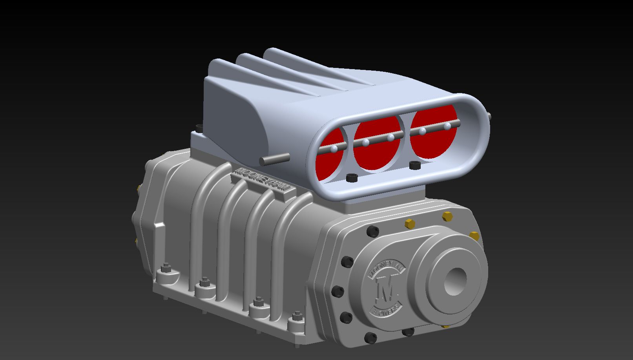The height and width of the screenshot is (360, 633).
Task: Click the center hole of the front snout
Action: [455, 281]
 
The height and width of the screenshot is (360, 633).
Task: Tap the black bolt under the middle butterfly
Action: [352, 177]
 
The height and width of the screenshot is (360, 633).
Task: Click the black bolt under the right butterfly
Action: [414, 165]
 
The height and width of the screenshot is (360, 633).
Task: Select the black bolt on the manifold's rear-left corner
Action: [200, 128]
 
